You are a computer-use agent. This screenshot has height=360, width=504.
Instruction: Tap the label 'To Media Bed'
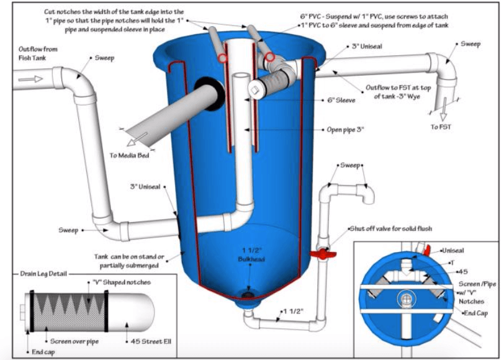[x=132, y=155]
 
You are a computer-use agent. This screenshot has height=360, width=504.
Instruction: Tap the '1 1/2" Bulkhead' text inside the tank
[x=250, y=258]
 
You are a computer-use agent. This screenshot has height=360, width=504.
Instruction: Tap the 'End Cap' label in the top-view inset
[x=475, y=313]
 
